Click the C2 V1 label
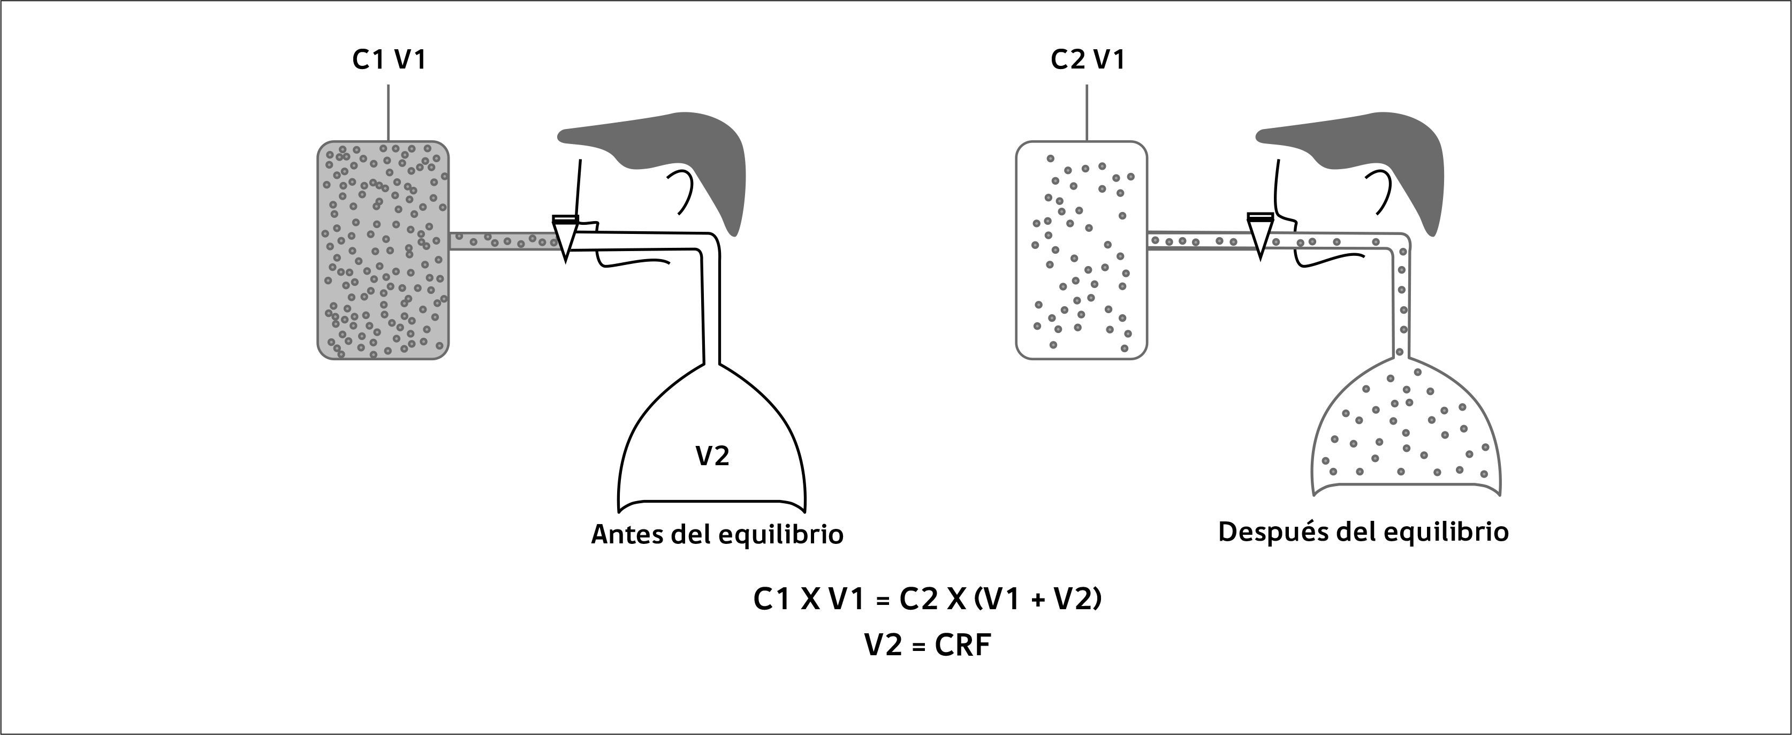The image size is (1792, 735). pyautogui.click(x=1087, y=60)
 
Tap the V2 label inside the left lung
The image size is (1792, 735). pyautogui.click(x=712, y=457)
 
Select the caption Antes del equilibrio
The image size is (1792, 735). pyautogui.click(x=717, y=535)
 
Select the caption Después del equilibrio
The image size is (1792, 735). pyautogui.click(x=1363, y=532)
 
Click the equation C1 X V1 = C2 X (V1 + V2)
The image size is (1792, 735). pyautogui.click(x=927, y=599)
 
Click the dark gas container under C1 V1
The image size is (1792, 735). pyautogui.click(x=383, y=251)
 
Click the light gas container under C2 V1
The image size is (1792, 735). pyautogui.click(x=1081, y=251)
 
